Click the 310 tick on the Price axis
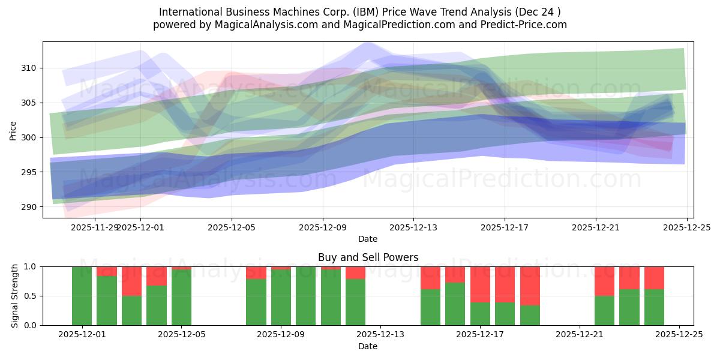tap(31, 68)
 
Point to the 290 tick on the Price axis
tap(31, 207)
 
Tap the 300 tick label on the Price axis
tap(31, 137)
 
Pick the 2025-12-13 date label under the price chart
tap(413, 228)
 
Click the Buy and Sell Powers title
tap(368, 257)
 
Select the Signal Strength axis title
tap(15, 296)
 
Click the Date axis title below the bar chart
tap(368, 346)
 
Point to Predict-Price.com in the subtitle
tap(529, 25)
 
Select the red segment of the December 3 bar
tap(131, 281)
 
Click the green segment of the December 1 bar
tap(82, 296)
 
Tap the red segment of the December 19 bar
tap(530, 286)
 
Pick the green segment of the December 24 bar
tap(654, 307)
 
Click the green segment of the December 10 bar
tap(331, 298)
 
